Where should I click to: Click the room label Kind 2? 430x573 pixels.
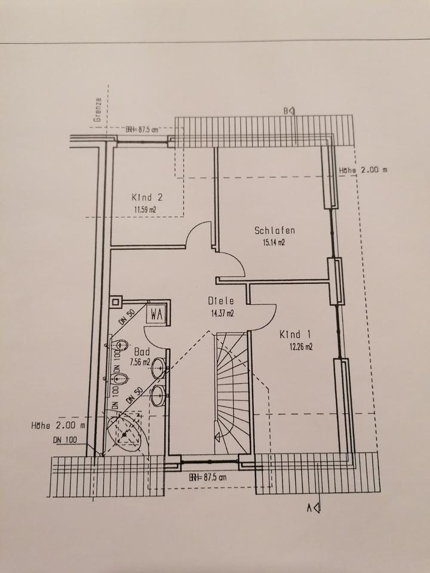pyautogui.click(x=147, y=197)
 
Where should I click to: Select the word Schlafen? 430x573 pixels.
pyautogui.click(x=275, y=230)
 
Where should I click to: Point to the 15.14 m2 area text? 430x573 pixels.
pyautogui.click(x=274, y=243)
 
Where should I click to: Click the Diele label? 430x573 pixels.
pyautogui.click(x=220, y=301)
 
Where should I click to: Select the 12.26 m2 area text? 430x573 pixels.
pyautogui.click(x=300, y=347)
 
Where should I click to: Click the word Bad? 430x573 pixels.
pyautogui.click(x=142, y=352)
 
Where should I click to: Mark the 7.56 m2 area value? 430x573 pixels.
pyautogui.click(x=141, y=362)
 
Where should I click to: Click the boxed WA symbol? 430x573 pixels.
pyautogui.click(x=157, y=313)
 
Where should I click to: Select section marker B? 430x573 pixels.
pyautogui.click(x=289, y=110)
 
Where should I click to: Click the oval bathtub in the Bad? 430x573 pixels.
pyautogui.click(x=126, y=432)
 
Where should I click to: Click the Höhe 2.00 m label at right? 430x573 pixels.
pyautogui.click(x=363, y=170)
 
